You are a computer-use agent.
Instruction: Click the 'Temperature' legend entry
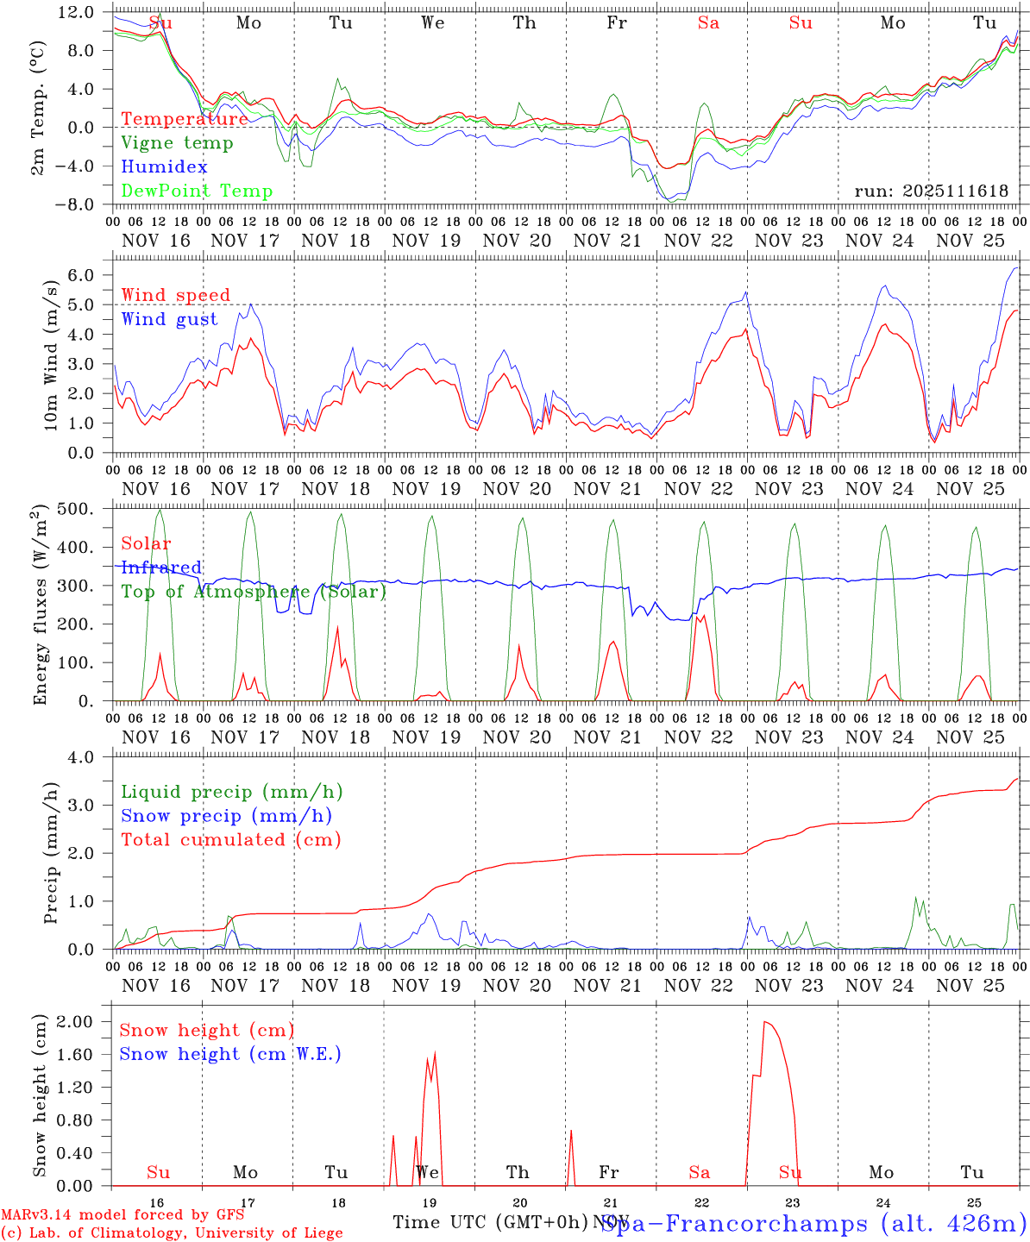(185, 119)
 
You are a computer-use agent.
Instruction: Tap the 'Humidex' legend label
(164, 167)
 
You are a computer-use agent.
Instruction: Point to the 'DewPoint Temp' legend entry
(197, 191)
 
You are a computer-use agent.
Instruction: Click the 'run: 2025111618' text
(931, 191)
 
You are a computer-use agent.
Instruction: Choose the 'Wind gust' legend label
(169, 320)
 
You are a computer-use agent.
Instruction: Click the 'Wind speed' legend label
(176, 296)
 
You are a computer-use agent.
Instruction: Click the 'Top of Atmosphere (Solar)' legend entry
(254, 592)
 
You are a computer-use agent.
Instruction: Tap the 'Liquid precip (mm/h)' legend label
(232, 792)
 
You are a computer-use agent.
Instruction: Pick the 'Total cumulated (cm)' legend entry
(231, 840)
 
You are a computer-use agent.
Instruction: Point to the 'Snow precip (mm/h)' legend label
(227, 816)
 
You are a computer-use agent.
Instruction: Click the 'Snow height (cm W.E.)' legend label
(230, 1054)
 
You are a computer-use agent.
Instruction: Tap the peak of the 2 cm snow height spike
(765, 1022)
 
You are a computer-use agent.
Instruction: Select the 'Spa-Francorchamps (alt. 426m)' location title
(813, 1223)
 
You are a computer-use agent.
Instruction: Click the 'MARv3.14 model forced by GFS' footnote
(122, 1215)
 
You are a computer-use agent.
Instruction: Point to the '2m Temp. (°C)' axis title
(38, 108)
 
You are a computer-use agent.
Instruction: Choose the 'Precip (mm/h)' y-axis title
(51, 854)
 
